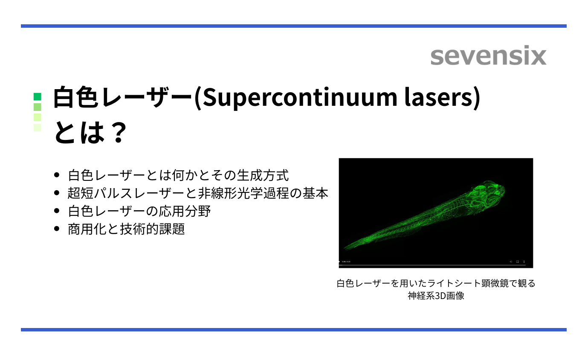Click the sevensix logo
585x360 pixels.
tap(488, 56)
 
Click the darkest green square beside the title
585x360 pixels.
tap(38, 96)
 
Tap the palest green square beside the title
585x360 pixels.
tap(38, 127)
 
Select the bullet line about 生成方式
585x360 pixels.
tap(178, 175)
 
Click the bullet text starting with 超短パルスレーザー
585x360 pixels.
tap(198, 193)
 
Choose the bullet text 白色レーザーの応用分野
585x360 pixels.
tap(139, 211)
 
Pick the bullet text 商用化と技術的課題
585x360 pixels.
tap(126, 229)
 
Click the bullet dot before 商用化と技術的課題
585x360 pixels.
tap(57, 229)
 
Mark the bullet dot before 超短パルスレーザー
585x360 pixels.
tap(57, 193)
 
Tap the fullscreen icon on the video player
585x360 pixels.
tap(518, 261)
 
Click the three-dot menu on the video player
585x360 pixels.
tap(524, 261)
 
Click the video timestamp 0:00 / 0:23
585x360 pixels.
tap(346, 261)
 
